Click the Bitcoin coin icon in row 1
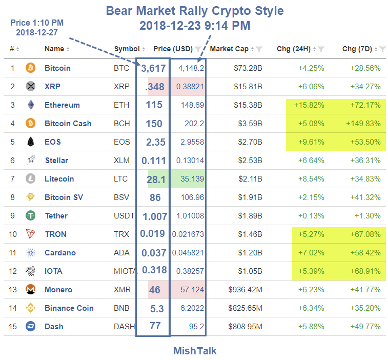coord(30,68)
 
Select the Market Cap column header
coord(229,49)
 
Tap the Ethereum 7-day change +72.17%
coord(362,105)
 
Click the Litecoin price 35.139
coord(190,179)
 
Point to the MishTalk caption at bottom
coord(195,351)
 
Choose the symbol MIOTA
coord(126,271)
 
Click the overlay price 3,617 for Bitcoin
coord(152,68)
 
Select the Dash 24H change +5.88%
coord(311,327)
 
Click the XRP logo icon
coord(30,87)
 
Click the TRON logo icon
coord(30,234)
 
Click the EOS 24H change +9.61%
coord(311,142)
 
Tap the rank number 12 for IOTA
coord(13,271)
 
